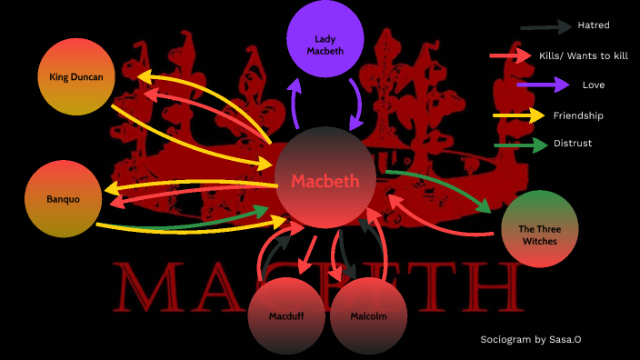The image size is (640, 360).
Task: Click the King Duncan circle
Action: pyautogui.click(x=76, y=77)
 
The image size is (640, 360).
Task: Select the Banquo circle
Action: pyautogui.click(x=63, y=198)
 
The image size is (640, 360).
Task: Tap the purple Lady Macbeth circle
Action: pyautogui.click(x=325, y=39)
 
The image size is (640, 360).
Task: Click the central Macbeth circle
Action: pyautogui.click(x=325, y=179)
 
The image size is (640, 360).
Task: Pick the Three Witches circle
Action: pyautogui.click(x=539, y=228)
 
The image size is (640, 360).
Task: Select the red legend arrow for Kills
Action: pyautogui.click(x=510, y=55)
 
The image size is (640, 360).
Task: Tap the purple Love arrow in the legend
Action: pyautogui.click(x=537, y=85)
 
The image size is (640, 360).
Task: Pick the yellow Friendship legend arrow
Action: pyautogui.click(x=519, y=115)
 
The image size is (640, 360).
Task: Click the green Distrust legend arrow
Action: pyautogui.click(x=520, y=144)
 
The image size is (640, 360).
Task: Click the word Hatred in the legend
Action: pyautogui.click(x=594, y=25)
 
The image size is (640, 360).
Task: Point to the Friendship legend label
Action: pyautogui.click(x=578, y=115)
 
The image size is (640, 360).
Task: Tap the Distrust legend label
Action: pyautogui.click(x=574, y=144)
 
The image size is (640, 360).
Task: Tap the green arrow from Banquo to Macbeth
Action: pyautogui.click(x=209, y=219)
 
